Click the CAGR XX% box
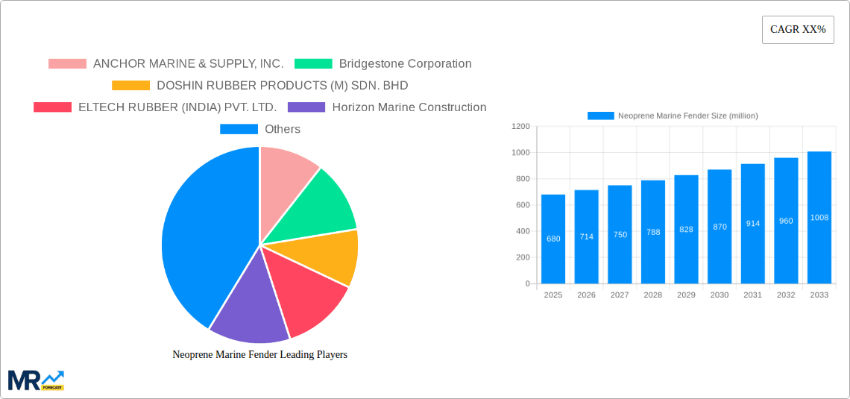(x=797, y=30)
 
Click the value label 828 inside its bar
(x=686, y=229)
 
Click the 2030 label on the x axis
(x=720, y=295)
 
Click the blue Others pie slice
(x=201, y=231)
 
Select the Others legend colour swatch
(x=238, y=129)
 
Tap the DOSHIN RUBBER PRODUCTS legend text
(x=282, y=86)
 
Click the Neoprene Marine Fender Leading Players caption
(x=259, y=355)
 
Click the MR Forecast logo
(x=36, y=380)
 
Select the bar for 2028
(x=653, y=232)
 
